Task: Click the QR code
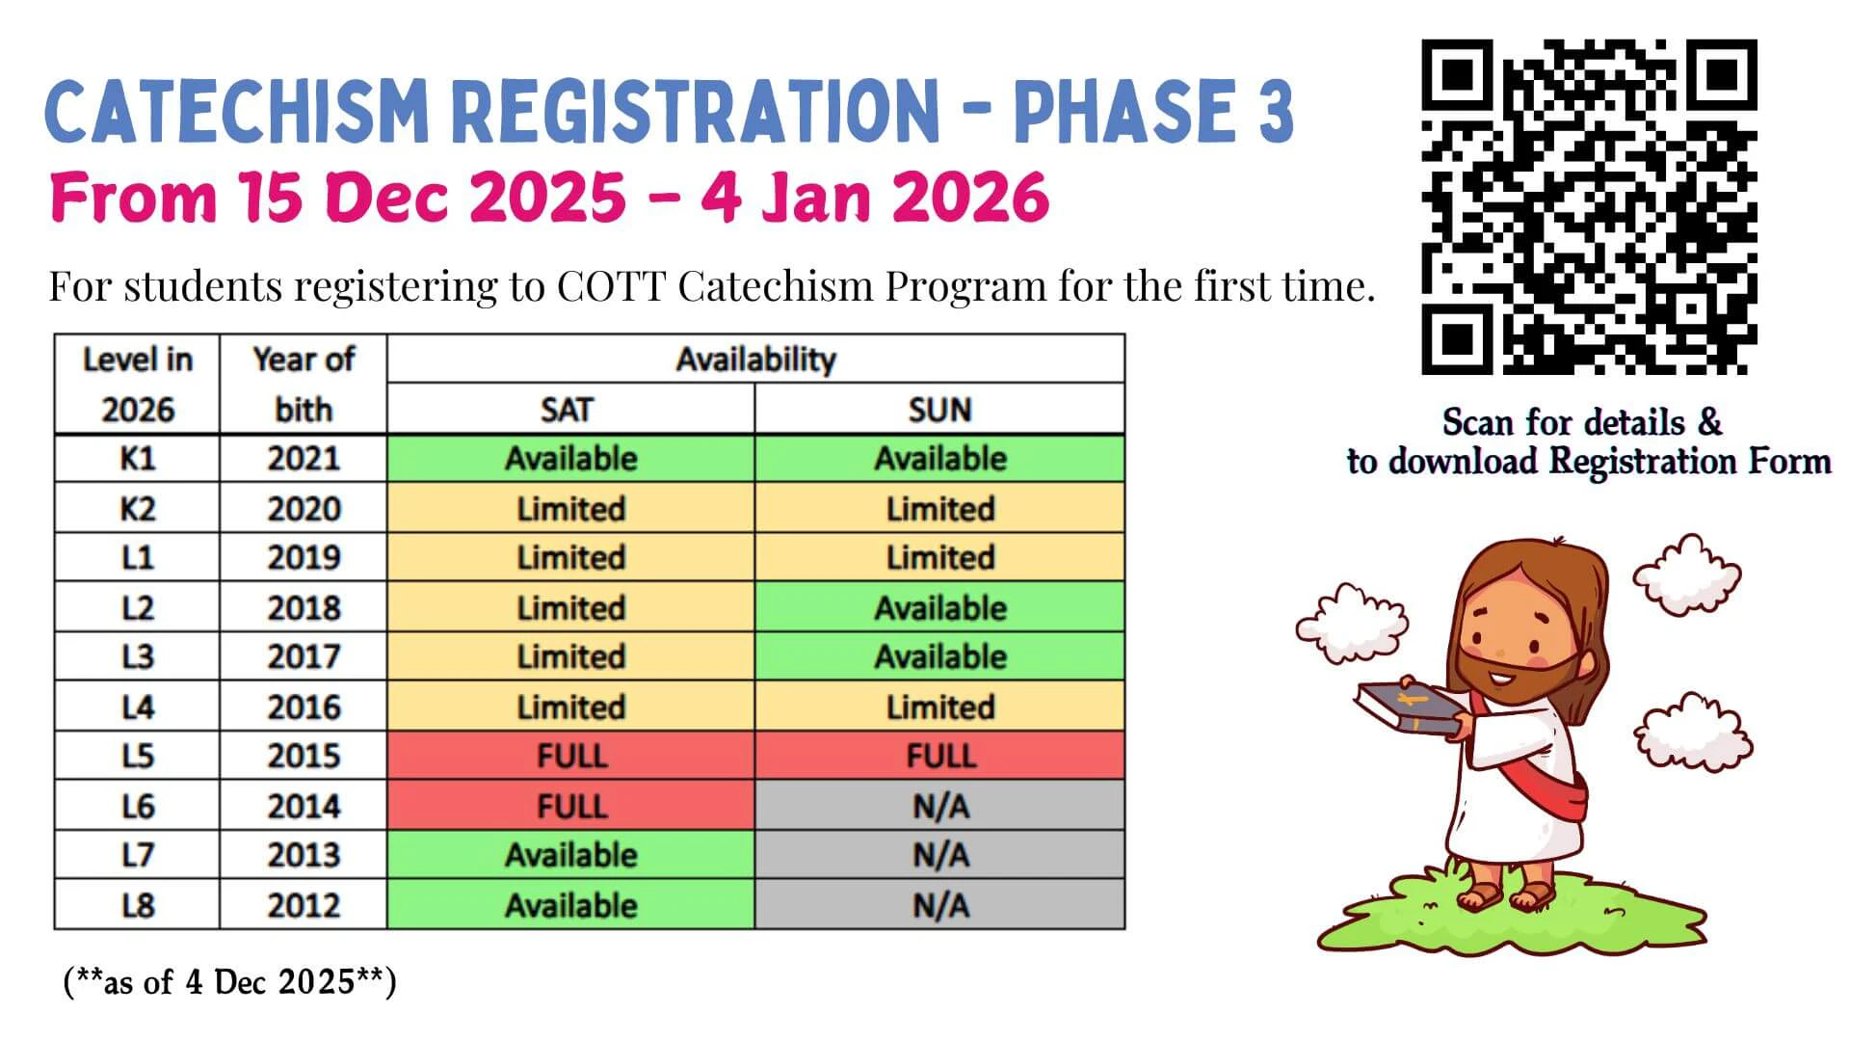pos(1589,206)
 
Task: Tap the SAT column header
pos(570,409)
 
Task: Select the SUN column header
pos(939,409)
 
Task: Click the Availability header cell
pos(755,359)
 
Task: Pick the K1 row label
pos(137,458)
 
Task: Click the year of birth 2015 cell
pos(304,755)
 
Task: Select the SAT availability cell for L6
pos(570,805)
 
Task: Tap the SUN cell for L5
pos(939,755)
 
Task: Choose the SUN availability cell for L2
pos(939,607)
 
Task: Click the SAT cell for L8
pos(570,904)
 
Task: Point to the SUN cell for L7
pos(939,854)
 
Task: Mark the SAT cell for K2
pos(570,508)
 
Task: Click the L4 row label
pos(137,707)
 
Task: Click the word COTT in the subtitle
pos(611,286)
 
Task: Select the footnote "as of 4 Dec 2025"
pos(229,982)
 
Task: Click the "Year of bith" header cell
pos(304,384)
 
